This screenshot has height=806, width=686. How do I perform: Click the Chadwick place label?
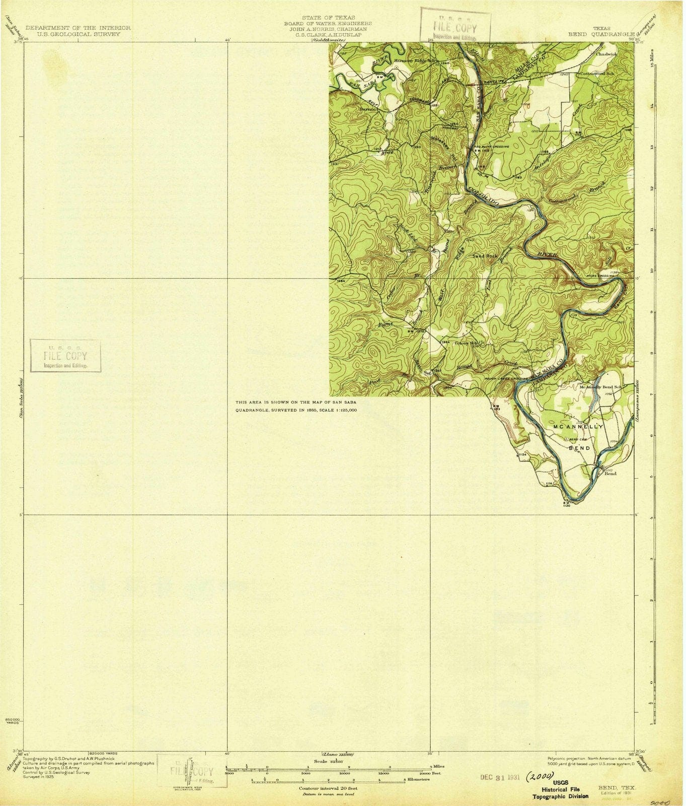pos(606,53)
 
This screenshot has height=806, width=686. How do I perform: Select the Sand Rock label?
pos(485,256)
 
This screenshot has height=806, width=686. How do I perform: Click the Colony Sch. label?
pos(466,344)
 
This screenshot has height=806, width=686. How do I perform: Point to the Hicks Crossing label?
pos(598,276)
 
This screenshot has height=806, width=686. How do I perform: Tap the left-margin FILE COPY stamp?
pos(65,356)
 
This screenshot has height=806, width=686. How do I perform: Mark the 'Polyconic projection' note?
pos(566,758)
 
